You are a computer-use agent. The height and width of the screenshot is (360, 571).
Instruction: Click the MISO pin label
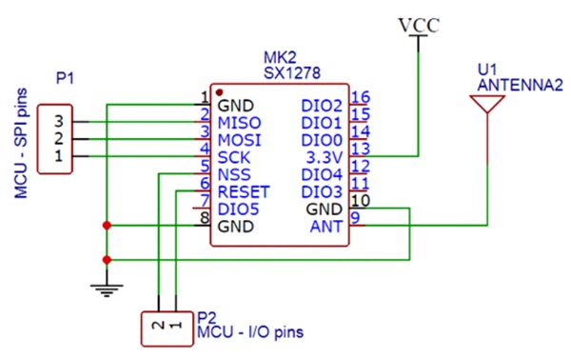(239, 122)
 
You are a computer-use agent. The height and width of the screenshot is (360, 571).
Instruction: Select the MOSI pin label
(239, 139)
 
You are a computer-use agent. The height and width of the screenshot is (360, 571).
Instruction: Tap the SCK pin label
(234, 156)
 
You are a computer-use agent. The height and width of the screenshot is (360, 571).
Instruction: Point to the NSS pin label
(234, 174)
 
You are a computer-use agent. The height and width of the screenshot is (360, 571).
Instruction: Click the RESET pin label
(245, 191)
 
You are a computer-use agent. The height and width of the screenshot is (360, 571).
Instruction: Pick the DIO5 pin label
(238, 209)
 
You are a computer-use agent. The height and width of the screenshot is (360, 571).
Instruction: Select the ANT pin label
(325, 226)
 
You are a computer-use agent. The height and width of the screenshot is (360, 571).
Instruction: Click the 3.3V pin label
(322, 156)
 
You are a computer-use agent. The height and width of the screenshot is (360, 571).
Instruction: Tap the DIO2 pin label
(321, 105)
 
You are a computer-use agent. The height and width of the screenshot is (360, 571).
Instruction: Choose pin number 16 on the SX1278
(360, 98)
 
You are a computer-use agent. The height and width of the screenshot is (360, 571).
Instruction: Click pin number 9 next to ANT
(355, 219)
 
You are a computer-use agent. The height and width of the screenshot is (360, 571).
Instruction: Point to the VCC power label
(419, 26)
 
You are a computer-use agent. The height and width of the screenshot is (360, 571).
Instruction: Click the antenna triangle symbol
(487, 104)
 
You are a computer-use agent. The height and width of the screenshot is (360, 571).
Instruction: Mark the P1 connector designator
(65, 80)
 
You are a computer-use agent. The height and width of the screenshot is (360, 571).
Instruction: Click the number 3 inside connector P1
(59, 122)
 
